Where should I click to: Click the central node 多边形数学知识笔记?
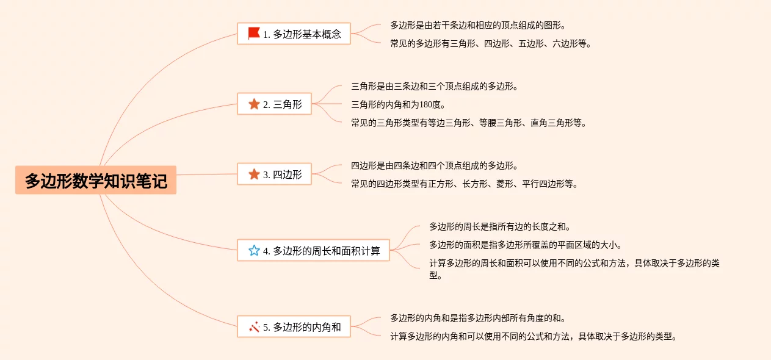(x=96, y=181)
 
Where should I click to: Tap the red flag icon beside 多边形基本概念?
(x=254, y=34)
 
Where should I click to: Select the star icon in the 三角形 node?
(x=254, y=104)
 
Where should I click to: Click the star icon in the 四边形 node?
(x=254, y=175)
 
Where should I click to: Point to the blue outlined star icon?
(x=254, y=250)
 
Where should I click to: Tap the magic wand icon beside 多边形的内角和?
(x=254, y=327)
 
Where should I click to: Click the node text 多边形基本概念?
(x=307, y=34)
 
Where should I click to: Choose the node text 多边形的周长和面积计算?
(x=327, y=251)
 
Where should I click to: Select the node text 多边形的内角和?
(x=307, y=327)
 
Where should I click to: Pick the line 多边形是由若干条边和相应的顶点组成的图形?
(x=477, y=25)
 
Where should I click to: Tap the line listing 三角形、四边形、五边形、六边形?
(x=491, y=43)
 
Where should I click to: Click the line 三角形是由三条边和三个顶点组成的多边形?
(x=435, y=86)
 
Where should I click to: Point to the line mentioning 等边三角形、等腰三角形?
(x=469, y=123)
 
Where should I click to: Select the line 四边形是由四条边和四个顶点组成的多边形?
(x=435, y=165)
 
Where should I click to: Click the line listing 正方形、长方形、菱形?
(x=464, y=184)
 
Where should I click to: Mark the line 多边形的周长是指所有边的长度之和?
(x=499, y=226)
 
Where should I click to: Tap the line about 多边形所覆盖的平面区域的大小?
(x=525, y=245)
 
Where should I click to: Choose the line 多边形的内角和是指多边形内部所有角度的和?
(x=477, y=318)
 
